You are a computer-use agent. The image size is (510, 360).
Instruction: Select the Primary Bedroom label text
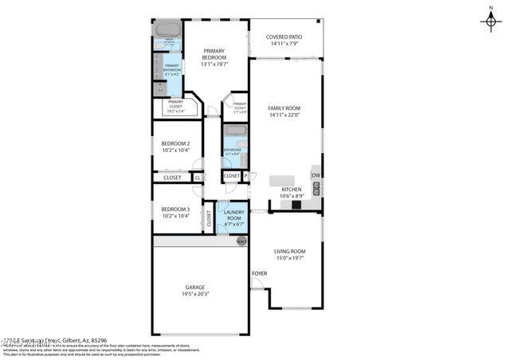[x=214, y=54]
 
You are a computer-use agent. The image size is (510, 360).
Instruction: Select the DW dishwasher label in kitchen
[x=316, y=175]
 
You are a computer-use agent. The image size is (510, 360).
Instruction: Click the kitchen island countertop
[x=283, y=179]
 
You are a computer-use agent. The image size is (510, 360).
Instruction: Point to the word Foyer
[x=259, y=273]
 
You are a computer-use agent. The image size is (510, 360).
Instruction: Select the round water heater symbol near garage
[x=241, y=241]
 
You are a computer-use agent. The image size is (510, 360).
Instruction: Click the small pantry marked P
[x=245, y=176]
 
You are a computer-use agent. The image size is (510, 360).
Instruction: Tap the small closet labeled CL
[x=197, y=178]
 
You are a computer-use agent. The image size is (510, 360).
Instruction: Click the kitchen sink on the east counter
[x=317, y=189]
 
